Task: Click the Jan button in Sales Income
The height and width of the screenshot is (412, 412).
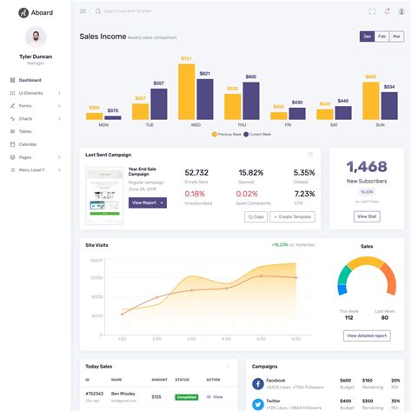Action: click(367, 37)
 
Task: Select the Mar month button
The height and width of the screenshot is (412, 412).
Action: click(396, 37)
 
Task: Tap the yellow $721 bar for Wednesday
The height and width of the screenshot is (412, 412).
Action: click(186, 91)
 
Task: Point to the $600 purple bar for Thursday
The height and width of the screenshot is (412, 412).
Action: click(250, 101)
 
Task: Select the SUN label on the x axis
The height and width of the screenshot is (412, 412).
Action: click(379, 125)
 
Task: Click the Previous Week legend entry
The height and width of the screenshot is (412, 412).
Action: click(229, 135)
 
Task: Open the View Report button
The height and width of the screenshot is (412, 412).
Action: click(147, 203)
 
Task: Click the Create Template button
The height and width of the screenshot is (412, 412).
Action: click(292, 217)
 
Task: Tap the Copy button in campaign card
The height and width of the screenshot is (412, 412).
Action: click(256, 217)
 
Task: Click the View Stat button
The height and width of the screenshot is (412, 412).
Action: click(367, 216)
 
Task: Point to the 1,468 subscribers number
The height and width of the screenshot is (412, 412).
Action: click(367, 166)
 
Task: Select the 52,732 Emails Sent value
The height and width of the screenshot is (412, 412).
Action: click(196, 173)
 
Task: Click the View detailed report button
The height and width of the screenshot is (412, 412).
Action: click(367, 335)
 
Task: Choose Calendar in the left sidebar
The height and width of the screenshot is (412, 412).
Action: click(28, 143)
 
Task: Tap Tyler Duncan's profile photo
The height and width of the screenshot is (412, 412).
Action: click(36, 37)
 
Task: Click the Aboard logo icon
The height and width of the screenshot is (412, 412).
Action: click(23, 12)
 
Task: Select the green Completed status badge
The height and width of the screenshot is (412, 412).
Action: click(186, 396)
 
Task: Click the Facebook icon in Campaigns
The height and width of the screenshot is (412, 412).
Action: click(258, 382)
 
